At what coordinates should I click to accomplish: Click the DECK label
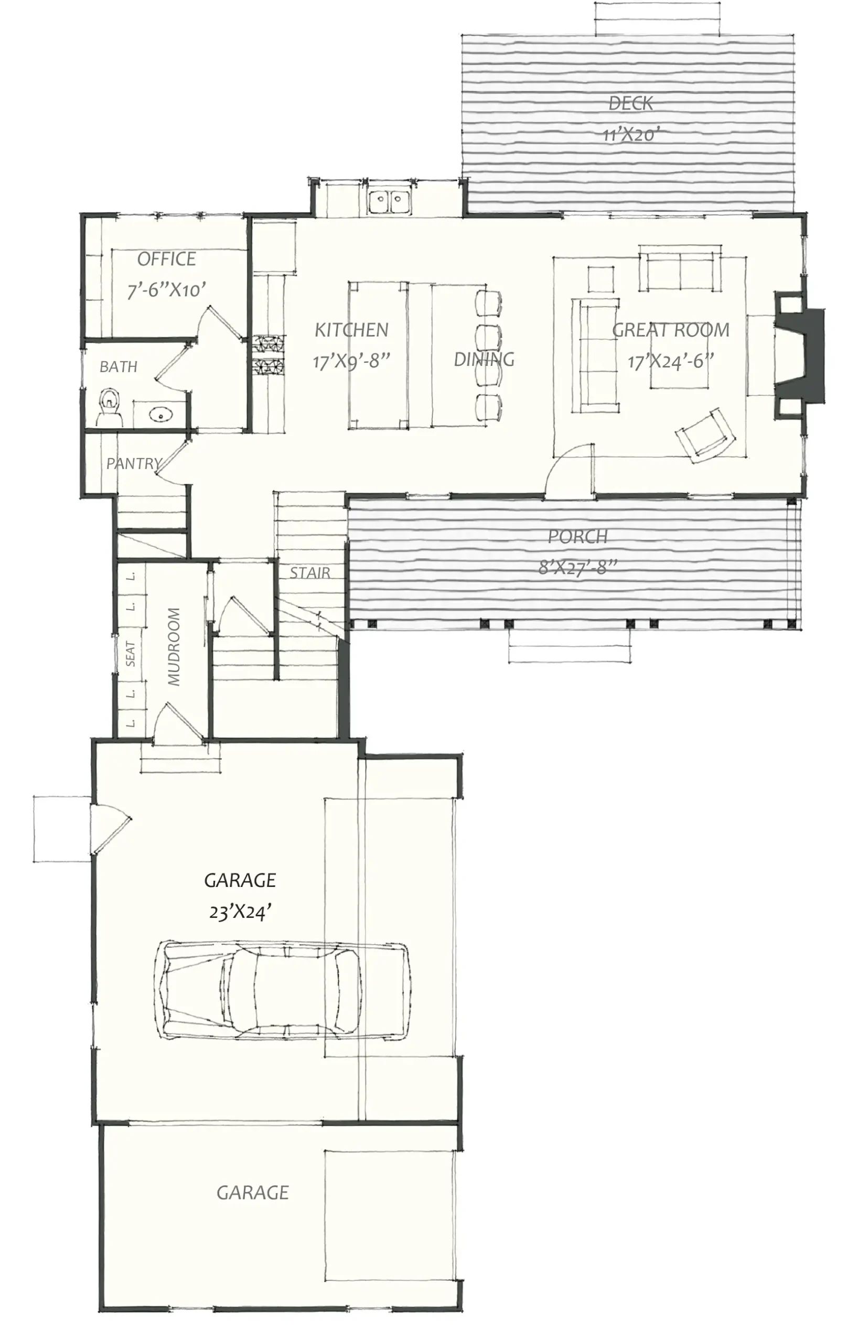[x=630, y=103]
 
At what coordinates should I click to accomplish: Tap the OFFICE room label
[x=167, y=259]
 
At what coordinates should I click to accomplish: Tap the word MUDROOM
[x=174, y=646]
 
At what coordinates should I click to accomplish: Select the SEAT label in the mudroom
[x=131, y=654]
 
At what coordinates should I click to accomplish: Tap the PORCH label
[x=577, y=536]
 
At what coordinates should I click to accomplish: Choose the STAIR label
[x=309, y=572]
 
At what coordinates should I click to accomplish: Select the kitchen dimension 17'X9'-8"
[x=351, y=361]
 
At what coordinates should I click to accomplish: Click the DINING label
[x=484, y=360]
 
